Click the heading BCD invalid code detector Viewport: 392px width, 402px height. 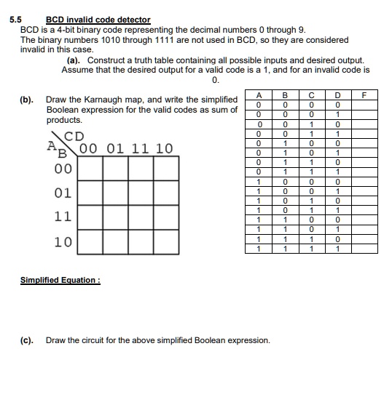[x=98, y=20]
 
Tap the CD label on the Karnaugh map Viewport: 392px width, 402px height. [x=74, y=136]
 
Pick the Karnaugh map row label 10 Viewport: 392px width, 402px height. [x=63, y=242]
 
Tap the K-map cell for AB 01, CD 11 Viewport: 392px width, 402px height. [x=140, y=193]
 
